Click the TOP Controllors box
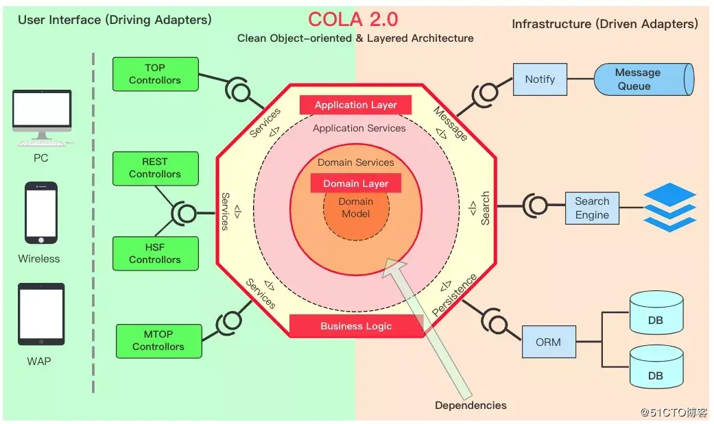point(155,74)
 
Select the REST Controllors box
point(155,169)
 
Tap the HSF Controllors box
point(155,253)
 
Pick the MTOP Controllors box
point(158,340)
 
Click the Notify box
point(540,79)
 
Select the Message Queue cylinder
point(642,79)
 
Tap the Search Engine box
point(592,208)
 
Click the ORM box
point(549,342)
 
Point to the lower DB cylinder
point(656,370)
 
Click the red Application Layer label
point(356,105)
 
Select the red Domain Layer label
point(356,184)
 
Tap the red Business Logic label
point(356,326)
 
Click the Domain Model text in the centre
point(356,208)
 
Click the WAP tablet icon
point(41,314)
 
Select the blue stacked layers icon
point(669,207)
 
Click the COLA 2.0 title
point(353,18)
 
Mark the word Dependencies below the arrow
point(471,406)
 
